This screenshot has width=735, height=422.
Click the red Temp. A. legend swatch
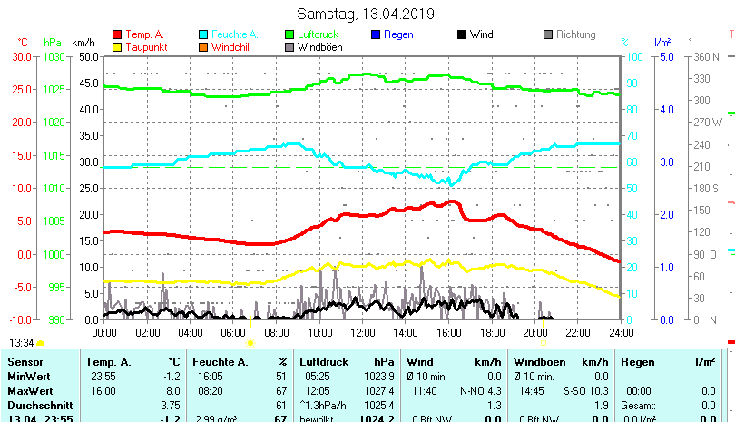(x=117, y=35)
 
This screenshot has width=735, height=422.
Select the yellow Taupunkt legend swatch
(x=117, y=47)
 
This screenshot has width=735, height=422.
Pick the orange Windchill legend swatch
(x=203, y=47)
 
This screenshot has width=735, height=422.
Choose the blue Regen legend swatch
(x=376, y=35)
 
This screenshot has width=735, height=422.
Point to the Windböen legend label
(x=320, y=47)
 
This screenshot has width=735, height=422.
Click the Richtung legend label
(x=576, y=35)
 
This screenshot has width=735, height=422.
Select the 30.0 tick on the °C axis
(x=23, y=56)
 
